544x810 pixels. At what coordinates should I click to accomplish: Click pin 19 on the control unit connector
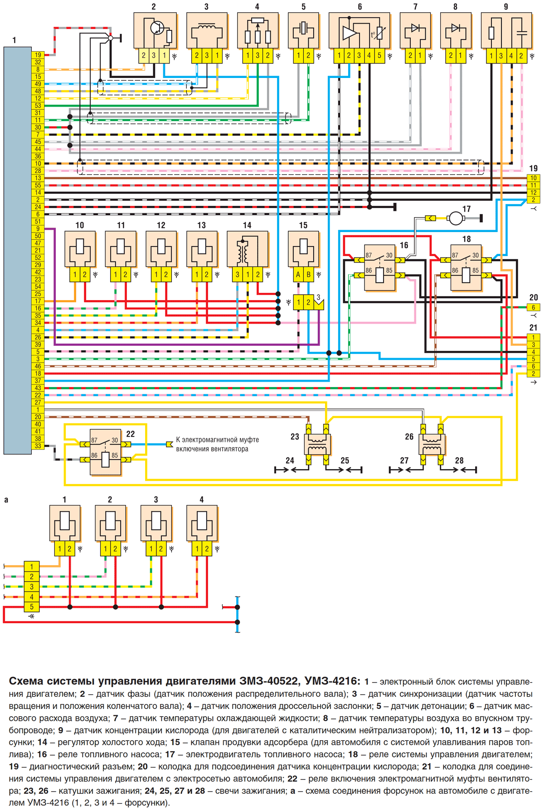38,55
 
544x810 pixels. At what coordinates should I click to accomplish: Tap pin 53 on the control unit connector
38,106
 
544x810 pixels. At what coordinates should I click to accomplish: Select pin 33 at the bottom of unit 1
38,446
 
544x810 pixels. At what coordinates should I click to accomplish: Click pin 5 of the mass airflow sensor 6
379,55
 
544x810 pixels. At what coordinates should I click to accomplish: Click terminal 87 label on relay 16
369,256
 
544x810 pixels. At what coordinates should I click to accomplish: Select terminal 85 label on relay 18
476,271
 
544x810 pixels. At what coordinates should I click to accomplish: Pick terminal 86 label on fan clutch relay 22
94,455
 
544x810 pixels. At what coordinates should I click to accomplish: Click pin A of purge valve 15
298,275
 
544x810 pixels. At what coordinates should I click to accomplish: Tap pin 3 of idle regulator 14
237,275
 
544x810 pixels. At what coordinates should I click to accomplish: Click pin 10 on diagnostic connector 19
534,178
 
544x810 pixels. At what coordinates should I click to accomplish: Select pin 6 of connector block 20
534,307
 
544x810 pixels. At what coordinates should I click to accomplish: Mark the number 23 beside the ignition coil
295,437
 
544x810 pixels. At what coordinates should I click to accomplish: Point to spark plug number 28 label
459,461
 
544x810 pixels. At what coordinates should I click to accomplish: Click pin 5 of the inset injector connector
31,606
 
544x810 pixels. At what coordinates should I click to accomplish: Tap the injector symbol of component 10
80,250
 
